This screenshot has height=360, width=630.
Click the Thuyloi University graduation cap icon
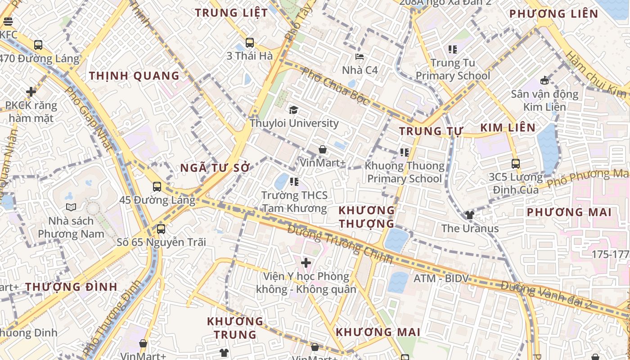(x=293, y=110)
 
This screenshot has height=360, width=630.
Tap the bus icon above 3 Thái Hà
(x=250, y=43)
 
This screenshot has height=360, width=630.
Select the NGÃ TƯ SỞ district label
(x=215, y=168)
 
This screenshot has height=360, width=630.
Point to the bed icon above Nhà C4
(x=360, y=57)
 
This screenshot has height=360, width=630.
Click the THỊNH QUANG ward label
(x=134, y=76)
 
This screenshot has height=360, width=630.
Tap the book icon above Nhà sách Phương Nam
(x=71, y=207)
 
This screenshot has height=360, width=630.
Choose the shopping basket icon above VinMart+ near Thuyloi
(x=322, y=149)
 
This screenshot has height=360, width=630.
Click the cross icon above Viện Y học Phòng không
(x=306, y=262)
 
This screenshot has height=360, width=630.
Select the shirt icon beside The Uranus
(x=470, y=215)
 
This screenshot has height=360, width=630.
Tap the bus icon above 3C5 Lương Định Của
(x=516, y=164)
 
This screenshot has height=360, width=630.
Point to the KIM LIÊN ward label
(x=508, y=128)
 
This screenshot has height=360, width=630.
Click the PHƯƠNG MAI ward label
(x=569, y=212)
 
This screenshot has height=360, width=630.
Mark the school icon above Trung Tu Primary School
(x=452, y=49)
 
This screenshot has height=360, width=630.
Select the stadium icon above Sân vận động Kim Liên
(x=544, y=81)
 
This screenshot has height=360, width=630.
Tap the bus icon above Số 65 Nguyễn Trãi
(x=161, y=229)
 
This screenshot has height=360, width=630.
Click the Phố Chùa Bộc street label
(x=336, y=86)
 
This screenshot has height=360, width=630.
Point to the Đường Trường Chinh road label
(x=340, y=244)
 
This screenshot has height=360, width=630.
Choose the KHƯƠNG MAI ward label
(x=378, y=332)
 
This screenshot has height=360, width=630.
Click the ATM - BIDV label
(x=441, y=279)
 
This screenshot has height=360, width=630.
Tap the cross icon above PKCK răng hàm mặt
(x=31, y=92)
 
